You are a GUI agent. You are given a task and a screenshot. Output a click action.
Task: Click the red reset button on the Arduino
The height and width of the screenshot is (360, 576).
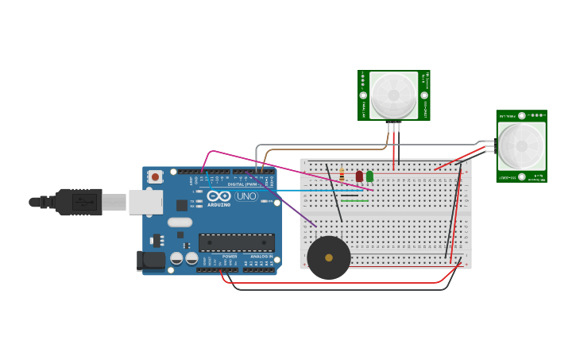pos(155,176)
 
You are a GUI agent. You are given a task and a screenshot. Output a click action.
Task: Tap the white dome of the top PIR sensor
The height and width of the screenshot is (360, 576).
pos(393,95)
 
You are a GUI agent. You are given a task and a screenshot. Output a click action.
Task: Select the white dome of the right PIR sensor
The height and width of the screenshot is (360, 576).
pos(521,146)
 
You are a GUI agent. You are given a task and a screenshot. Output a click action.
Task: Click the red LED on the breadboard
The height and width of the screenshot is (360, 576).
pos(359,176)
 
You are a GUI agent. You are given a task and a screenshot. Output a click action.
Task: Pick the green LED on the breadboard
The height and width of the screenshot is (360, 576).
pos(369,176)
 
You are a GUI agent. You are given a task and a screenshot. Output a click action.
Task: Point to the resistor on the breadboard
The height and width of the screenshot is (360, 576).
pos(342,175)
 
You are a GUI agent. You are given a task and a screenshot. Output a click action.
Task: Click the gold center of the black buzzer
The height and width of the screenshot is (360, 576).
pos(329,257)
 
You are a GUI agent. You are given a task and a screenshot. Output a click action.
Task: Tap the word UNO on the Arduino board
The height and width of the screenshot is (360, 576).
pos(246,196)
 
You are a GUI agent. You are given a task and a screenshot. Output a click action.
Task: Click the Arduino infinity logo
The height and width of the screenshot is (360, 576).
pos(218,195)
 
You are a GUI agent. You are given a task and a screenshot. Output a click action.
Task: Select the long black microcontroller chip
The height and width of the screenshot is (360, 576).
pos(236,242)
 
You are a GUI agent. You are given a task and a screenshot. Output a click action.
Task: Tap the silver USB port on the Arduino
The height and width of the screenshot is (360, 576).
pos(146,203)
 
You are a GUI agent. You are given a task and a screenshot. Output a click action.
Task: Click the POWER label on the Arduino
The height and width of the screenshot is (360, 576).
pos(229,257)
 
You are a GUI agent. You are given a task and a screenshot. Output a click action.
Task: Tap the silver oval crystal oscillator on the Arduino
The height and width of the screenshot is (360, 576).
pos(180,223)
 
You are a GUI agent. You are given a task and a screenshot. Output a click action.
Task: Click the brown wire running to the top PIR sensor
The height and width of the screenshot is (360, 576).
pos(318,149)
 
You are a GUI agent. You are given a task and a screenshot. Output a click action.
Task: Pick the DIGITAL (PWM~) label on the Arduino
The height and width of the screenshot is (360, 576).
pos(242,184)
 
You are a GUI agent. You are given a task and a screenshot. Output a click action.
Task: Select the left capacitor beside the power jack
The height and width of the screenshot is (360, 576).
pos(176,258)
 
